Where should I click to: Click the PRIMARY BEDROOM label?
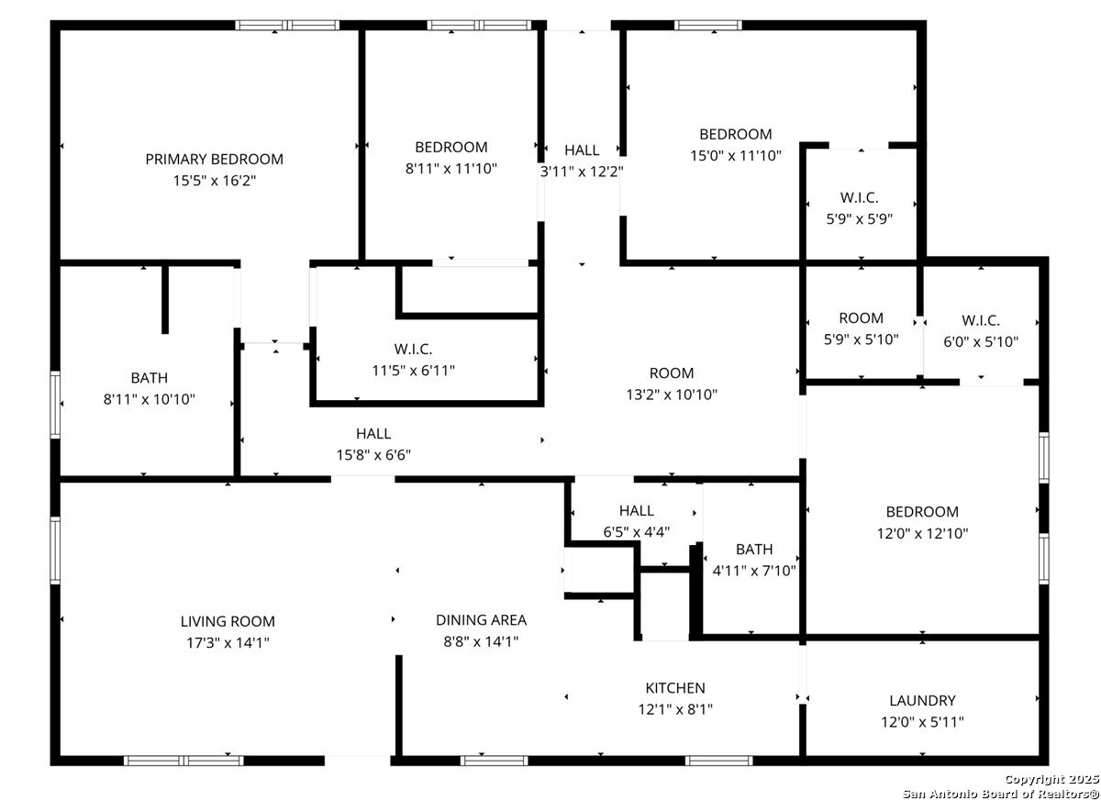coord(215,160)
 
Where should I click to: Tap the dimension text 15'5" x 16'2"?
coord(215,181)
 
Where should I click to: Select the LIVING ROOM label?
coord(228,622)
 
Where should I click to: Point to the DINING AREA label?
coord(481,620)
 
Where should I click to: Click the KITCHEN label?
coord(675,688)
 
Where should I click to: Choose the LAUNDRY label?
coord(923,701)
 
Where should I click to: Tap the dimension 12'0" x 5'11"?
coord(923,722)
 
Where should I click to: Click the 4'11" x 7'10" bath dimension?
coord(754,571)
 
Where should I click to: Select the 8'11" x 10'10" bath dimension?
coord(149,399)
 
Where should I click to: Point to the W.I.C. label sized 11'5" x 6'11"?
coord(414,350)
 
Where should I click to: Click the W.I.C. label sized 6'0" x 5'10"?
coord(981,321)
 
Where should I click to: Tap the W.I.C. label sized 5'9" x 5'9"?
coord(859,197)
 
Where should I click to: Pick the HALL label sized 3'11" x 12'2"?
coord(582,150)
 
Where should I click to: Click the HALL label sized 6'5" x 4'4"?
coord(637,511)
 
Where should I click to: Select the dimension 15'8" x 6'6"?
coord(373,455)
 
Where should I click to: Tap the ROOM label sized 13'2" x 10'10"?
coord(672,373)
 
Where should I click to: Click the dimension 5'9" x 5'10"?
coord(862,339)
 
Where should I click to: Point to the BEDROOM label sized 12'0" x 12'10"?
coord(923,512)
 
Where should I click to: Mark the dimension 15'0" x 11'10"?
coord(736,156)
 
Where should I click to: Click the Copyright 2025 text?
coord(1051,779)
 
